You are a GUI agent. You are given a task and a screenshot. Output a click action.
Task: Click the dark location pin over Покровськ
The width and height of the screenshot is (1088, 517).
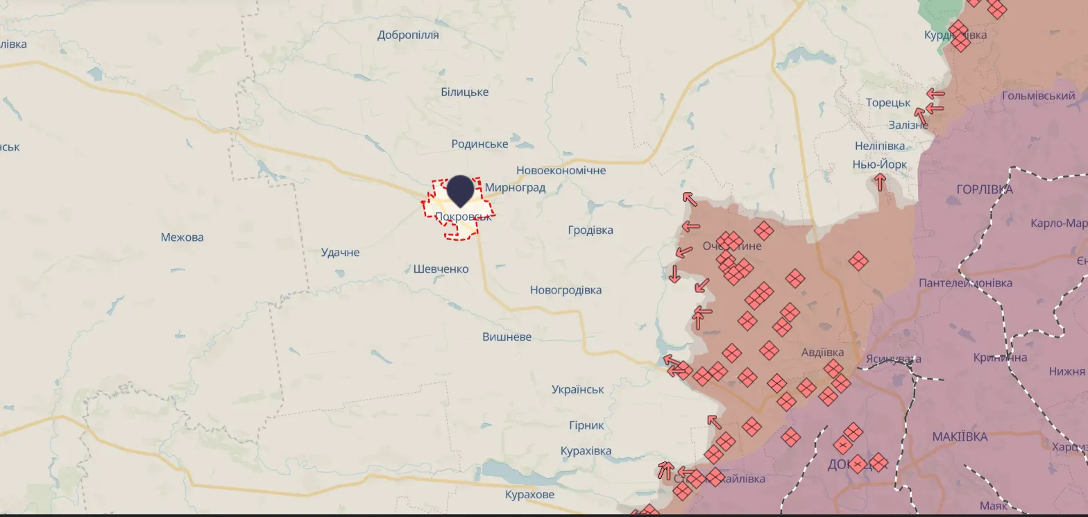click(x=459, y=190)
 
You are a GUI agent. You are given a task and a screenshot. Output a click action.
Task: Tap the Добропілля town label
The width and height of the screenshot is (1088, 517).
click(x=408, y=35)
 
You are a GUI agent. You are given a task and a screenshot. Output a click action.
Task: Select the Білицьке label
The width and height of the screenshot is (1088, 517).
click(x=464, y=92)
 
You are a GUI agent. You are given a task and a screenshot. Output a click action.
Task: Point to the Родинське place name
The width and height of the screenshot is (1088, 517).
click(x=479, y=144)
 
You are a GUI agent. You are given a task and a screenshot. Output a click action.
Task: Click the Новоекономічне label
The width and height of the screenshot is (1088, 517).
click(x=561, y=170)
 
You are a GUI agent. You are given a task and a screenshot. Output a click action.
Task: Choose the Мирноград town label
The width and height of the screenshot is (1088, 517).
click(x=515, y=187)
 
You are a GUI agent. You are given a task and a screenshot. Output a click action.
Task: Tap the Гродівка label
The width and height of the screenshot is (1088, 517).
click(x=590, y=230)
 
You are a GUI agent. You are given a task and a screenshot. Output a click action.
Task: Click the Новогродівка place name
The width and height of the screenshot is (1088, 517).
click(x=566, y=290)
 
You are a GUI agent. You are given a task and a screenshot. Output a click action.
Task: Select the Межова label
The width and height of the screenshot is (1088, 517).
click(x=182, y=237)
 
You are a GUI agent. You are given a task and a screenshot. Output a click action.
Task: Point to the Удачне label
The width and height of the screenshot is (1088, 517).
click(x=340, y=252)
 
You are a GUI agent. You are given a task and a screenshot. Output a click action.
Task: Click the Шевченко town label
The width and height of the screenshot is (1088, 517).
click(x=441, y=269)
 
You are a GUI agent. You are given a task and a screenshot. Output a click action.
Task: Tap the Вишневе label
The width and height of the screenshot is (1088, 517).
click(x=507, y=337)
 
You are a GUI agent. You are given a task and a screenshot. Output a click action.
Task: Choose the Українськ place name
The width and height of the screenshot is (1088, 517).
click(x=577, y=389)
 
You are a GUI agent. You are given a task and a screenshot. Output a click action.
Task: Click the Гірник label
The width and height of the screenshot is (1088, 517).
click(x=586, y=425)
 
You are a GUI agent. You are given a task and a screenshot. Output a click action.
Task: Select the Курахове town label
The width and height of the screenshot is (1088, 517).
click(x=529, y=495)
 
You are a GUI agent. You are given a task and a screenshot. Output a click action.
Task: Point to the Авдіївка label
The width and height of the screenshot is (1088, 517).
click(x=822, y=352)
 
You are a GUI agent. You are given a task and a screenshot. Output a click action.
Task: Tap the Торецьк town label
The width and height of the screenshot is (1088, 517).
click(x=887, y=103)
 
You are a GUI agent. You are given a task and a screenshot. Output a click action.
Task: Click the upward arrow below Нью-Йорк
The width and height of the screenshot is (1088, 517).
click(x=880, y=183)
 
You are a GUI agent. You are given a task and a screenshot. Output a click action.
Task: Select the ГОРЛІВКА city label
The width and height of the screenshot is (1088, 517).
click(x=984, y=189)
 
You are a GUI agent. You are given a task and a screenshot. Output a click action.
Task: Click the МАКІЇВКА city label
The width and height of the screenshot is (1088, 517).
click(x=960, y=437)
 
